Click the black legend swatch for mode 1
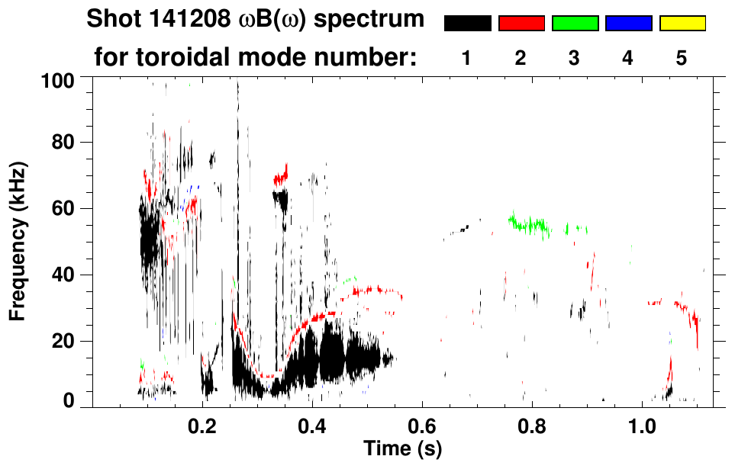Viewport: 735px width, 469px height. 468,24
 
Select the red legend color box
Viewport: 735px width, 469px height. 521,24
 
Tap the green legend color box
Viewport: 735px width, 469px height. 575,24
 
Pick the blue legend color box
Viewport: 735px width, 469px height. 628,24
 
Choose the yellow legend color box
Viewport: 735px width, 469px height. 682,24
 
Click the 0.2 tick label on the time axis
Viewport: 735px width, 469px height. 203,424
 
